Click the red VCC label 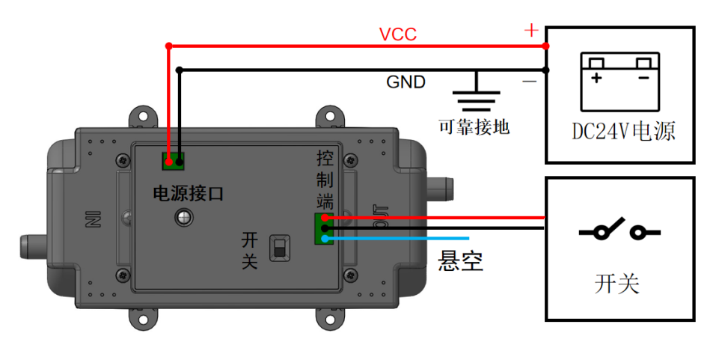click(x=398, y=34)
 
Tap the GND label click(x=406, y=82)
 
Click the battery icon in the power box click(x=619, y=82)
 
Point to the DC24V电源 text click(x=623, y=131)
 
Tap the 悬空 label click(x=460, y=260)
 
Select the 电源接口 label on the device click(x=189, y=193)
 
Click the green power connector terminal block click(x=174, y=161)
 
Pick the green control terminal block click(x=324, y=228)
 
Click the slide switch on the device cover click(x=280, y=248)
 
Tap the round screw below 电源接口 click(x=184, y=218)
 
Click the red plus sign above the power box click(x=531, y=31)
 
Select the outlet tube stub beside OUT click(x=440, y=188)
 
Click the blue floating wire click(x=395, y=238)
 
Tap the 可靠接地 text click(x=474, y=126)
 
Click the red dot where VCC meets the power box click(x=545, y=46)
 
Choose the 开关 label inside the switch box click(x=617, y=284)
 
